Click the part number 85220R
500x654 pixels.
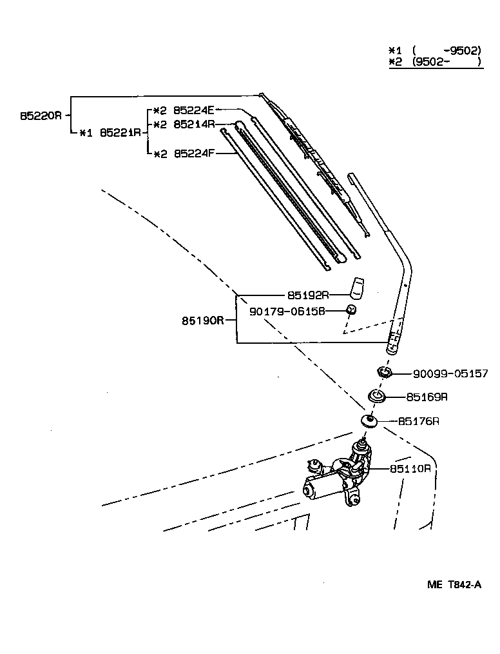(41, 116)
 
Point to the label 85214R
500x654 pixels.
(194, 124)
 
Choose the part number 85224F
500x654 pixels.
(194, 154)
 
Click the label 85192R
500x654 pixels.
(308, 295)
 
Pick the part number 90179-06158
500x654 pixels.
(287, 312)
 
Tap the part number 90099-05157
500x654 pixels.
(450, 373)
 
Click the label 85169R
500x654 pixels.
(427, 397)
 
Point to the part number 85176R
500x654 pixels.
(418, 421)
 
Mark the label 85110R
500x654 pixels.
(410, 468)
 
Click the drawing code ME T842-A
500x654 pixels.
(454, 585)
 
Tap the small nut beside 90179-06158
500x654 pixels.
(352, 310)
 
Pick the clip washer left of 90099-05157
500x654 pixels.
(385, 373)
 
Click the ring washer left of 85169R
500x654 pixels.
(376, 396)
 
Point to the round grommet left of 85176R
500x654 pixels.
(369, 421)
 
